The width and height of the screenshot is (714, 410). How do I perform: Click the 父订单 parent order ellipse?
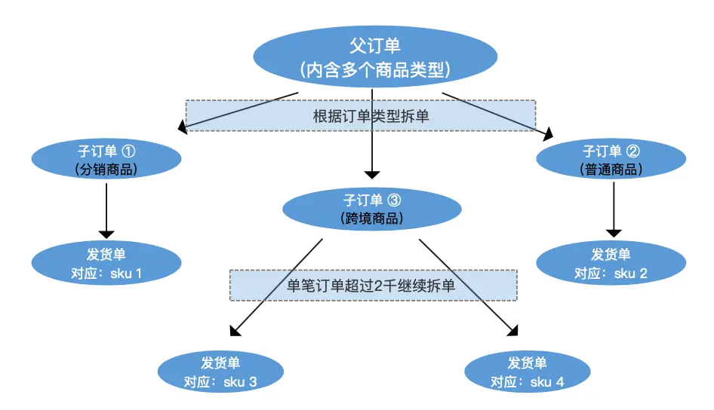375,57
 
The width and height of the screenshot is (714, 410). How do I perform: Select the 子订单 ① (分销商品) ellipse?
106,159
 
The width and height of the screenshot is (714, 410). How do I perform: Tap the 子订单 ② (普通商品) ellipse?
611,159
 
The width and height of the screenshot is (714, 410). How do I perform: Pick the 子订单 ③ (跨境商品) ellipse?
372,209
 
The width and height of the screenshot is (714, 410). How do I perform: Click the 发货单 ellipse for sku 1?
106,263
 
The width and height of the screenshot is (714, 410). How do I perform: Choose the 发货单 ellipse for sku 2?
611,263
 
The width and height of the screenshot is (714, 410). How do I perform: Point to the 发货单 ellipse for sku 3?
221,372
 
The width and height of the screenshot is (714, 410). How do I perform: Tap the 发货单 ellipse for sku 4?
528,372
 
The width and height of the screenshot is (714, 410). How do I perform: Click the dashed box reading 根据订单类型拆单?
361,116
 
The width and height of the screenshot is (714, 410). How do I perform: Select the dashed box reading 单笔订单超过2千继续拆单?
374,285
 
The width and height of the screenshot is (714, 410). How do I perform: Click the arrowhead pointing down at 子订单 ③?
372,175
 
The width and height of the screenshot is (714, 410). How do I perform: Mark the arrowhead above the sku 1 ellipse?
106,234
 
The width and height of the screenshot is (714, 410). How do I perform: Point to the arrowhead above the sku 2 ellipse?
614,233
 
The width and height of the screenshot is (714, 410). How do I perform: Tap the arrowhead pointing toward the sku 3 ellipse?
235,331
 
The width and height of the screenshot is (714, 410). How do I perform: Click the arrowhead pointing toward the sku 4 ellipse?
513,330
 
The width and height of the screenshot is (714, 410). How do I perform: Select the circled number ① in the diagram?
128,151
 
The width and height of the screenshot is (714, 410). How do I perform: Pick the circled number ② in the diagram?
633,151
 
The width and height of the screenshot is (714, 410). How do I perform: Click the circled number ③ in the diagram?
394,200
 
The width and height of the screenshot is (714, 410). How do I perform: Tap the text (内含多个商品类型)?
375,69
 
